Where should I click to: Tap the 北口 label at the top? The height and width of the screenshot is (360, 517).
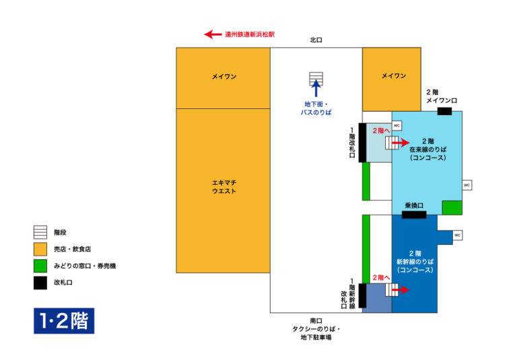pos(316,40)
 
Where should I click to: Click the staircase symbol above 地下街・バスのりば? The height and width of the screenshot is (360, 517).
pos(316,79)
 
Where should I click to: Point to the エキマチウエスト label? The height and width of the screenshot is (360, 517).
pos(223,187)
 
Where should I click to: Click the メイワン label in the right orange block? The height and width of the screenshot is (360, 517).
pos(394,76)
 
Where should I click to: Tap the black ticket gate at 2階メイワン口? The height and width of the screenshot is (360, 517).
pos(444,111)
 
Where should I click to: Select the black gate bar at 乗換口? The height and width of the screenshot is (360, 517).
pos(414,215)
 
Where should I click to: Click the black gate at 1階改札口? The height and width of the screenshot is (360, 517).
pos(362,143)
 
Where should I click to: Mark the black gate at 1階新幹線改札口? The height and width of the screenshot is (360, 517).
pos(362,296)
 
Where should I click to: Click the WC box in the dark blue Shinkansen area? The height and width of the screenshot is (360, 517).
pos(457,235)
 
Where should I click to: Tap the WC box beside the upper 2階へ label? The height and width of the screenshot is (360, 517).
pos(397,126)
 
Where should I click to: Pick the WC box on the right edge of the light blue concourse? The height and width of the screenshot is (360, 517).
pos(467,184)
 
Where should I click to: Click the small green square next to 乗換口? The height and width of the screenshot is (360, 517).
pos(452,207)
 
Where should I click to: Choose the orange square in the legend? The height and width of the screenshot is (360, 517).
pos(40,249)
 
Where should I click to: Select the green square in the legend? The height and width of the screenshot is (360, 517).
pos(40,266)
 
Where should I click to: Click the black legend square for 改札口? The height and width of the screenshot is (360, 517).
pos(40,283)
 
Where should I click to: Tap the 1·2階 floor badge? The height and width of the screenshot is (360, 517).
pos(64,321)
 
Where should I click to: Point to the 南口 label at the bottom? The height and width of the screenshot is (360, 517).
pos(316,320)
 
